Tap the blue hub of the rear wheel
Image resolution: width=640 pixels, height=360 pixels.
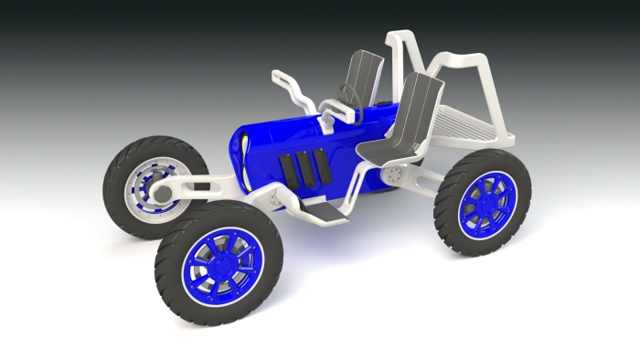482,204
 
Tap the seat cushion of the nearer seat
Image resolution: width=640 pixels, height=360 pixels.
384,146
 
